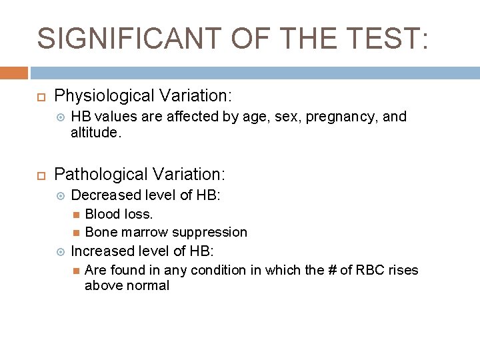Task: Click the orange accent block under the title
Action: coord(14,73)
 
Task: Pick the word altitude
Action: coord(95,133)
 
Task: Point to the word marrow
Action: coord(144,232)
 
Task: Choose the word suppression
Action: coord(209,232)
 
